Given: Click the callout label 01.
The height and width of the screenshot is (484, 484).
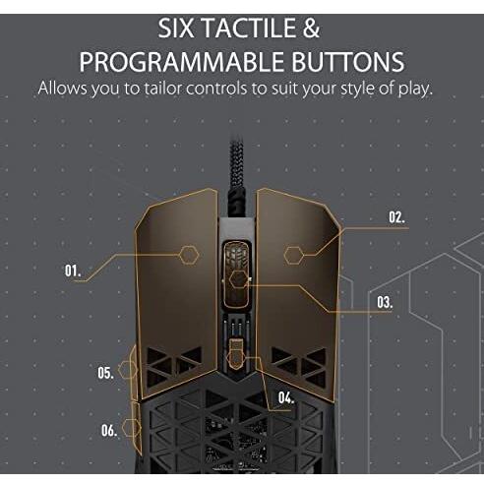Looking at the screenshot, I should click(73, 269).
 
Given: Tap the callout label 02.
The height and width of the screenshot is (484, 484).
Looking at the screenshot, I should click(396, 217).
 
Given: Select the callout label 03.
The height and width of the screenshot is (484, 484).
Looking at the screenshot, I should click(384, 302).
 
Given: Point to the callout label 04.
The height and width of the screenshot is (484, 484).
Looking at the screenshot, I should click(286, 397).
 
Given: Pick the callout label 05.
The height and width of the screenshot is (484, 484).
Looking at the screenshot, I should click(105, 373).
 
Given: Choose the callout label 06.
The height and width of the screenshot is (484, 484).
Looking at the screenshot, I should click(109, 429).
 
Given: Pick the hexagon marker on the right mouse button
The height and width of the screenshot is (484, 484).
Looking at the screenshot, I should click(293, 255).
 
